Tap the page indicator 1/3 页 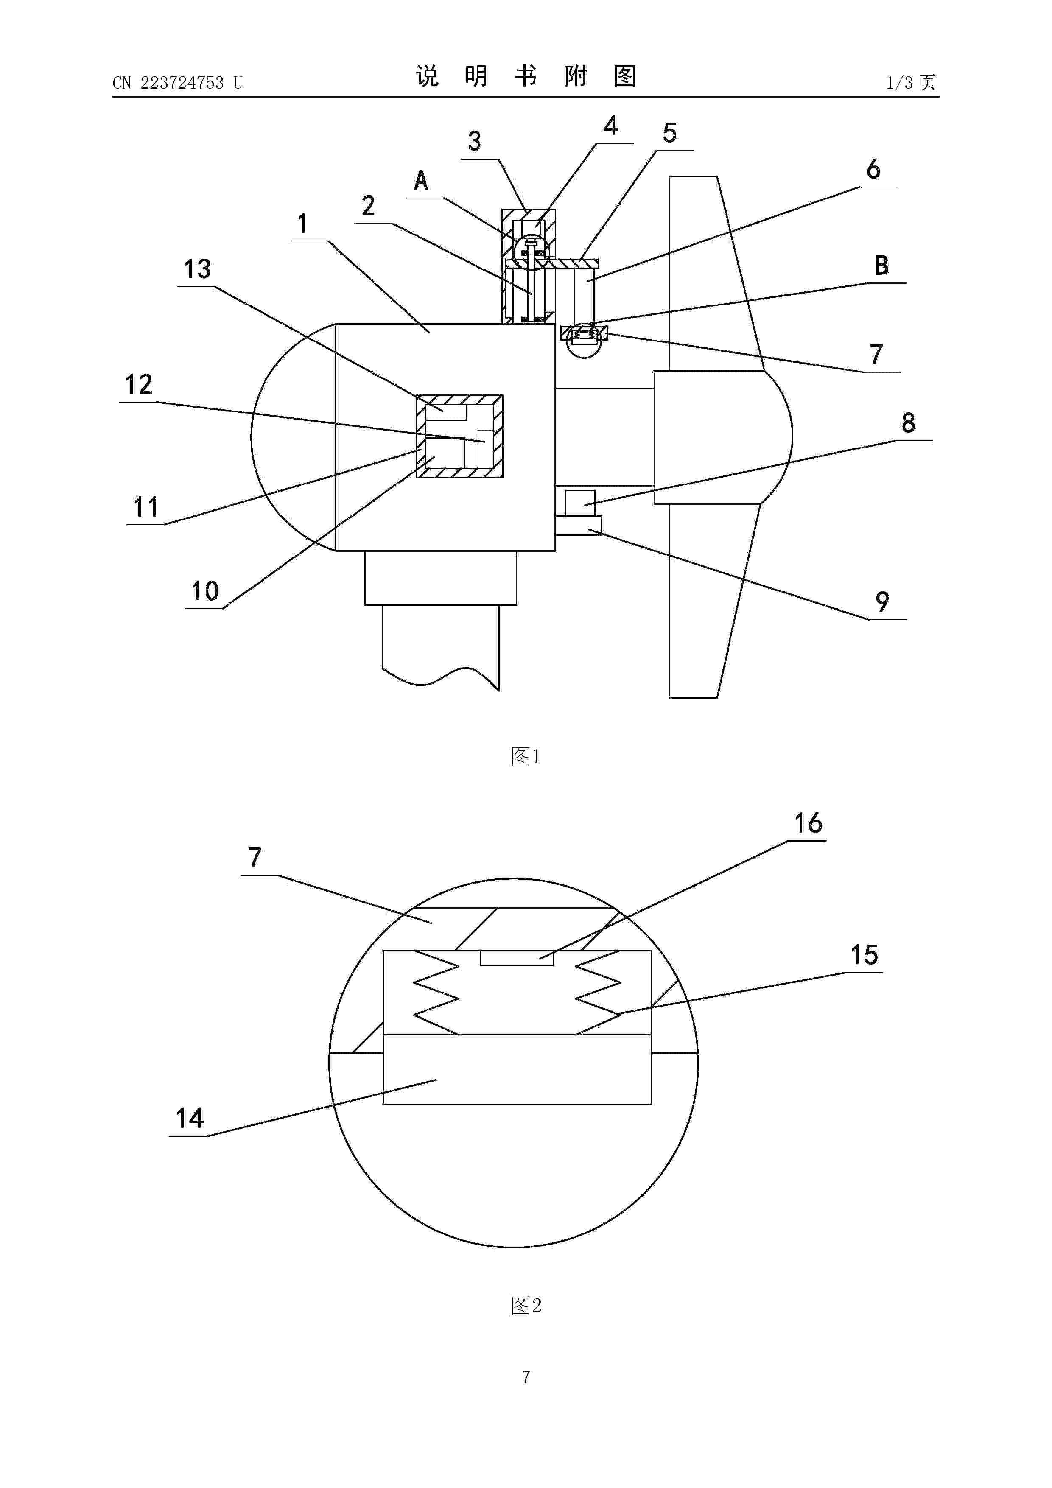pos(911,82)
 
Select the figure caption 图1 pos(526,756)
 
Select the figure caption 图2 pos(526,1305)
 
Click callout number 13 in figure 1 pos(197,269)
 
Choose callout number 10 pos(205,591)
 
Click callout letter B pos(881,265)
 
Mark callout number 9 pos(882,602)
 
